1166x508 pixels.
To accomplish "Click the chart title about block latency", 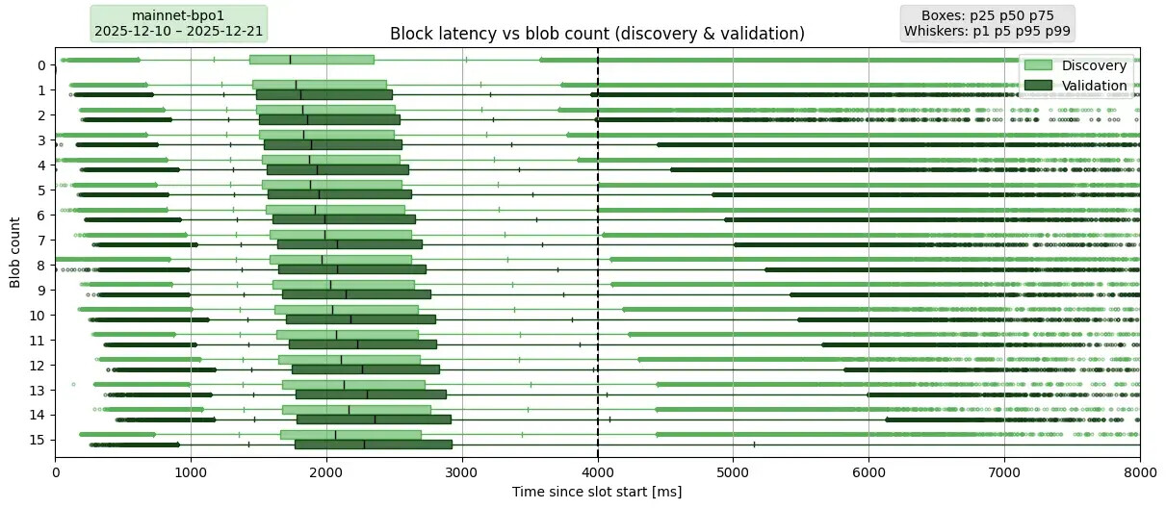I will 597,35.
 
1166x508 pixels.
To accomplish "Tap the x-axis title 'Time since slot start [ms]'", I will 597,492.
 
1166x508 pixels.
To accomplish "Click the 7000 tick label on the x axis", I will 1004,472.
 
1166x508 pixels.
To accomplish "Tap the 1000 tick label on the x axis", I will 191,472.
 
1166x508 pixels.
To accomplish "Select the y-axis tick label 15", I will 40,440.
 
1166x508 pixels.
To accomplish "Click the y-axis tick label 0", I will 40,65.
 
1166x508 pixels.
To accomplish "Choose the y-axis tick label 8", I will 40,265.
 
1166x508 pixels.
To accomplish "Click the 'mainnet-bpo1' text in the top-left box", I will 178,16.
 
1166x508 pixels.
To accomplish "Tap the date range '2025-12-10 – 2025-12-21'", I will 178,32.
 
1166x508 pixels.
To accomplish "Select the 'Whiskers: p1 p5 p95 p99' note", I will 987,32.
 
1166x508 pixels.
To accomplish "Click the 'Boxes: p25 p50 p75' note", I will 987,16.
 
